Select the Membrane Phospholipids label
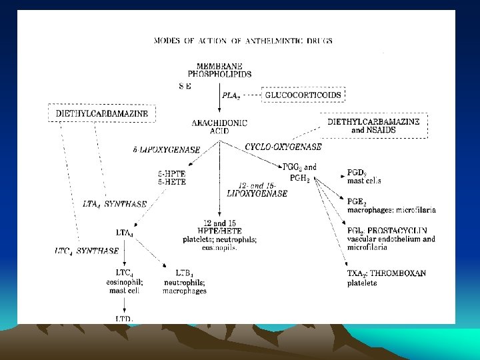click(219, 69)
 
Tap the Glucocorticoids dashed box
click(303, 95)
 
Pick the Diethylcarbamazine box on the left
click(102, 113)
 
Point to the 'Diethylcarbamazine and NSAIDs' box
click(376, 126)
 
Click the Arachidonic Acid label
click(219, 127)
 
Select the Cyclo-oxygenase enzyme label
click(283, 147)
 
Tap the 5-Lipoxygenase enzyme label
click(167, 150)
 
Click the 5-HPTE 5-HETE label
click(171, 177)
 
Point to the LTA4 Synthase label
click(115, 204)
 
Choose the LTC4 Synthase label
click(87, 251)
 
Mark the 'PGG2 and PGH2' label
click(299, 172)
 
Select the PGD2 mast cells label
click(364, 177)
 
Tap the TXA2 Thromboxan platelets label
click(387, 278)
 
